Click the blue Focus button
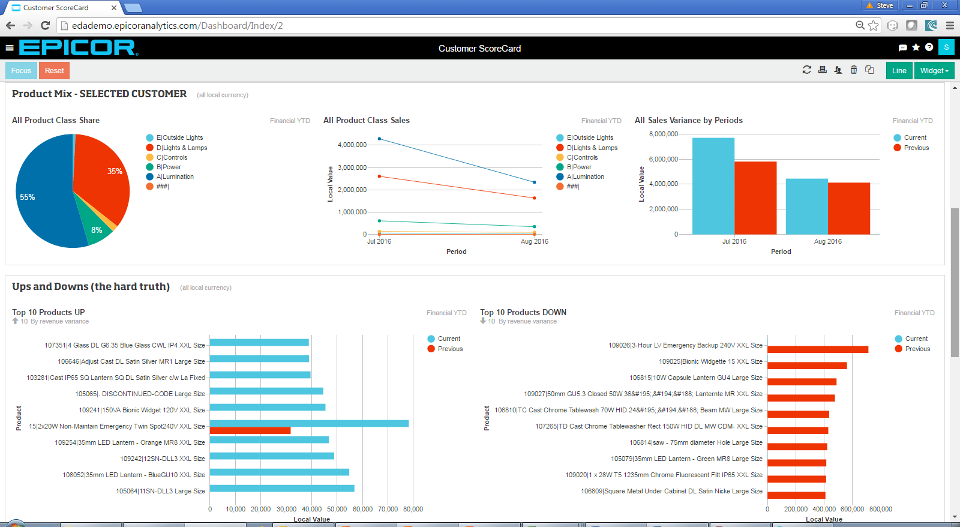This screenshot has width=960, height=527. point(21,71)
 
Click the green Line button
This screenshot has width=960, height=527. point(899,71)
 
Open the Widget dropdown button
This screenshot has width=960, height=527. point(934,71)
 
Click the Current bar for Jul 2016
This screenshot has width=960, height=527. point(713,186)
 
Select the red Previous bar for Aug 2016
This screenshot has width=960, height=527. point(848,208)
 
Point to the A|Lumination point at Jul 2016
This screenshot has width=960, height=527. point(379,139)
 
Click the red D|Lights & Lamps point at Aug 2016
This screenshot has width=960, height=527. point(534,198)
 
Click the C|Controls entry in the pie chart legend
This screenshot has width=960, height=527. point(172,157)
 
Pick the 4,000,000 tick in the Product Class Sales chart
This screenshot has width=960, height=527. point(352,145)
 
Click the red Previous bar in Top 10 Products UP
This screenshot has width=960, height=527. point(250,430)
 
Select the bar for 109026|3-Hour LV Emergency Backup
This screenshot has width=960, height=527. point(817,349)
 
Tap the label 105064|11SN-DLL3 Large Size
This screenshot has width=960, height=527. point(160,491)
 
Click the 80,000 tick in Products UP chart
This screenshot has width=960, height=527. point(413,509)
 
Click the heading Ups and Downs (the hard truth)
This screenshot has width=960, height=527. point(91,286)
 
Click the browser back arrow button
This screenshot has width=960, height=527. point(10,25)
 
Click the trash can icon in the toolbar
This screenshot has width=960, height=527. point(853,70)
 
